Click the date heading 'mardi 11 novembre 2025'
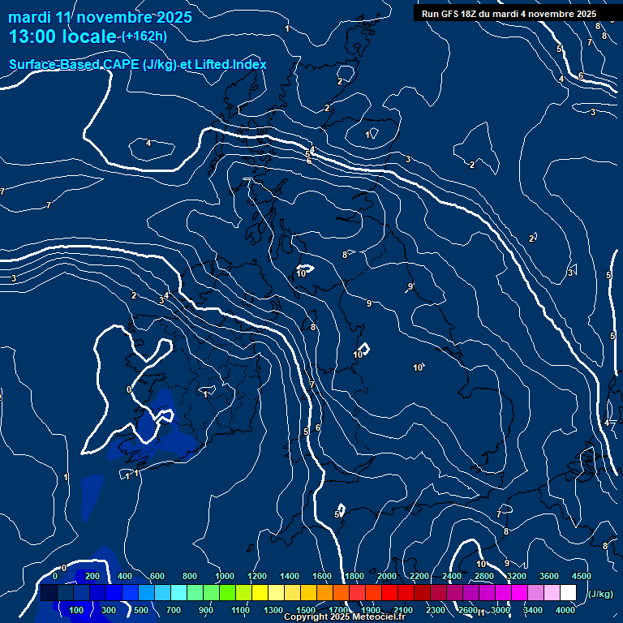(x=100, y=17)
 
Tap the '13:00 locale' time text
(x=63, y=37)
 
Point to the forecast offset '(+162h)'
(x=144, y=37)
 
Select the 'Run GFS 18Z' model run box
(x=509, y=14)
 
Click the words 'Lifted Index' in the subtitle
(x=233, y=64)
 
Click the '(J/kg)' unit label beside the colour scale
(x=600, y=594)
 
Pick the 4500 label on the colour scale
(x=581, y=576)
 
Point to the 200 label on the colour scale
(x=92, y=576)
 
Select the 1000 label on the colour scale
(x=224, y=576)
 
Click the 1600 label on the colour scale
(x=322, y=576)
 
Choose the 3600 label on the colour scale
(x=548, y=576)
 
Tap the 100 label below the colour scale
(x=76, y=610)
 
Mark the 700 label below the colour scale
(x=174, y=610)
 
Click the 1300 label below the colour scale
(x=273, y=610)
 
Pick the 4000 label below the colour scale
(x=565, y=610)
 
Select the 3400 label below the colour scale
(x=533, y=610)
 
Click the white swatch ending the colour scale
(x=568, y=593)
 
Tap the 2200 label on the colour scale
(x=419, y=576)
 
